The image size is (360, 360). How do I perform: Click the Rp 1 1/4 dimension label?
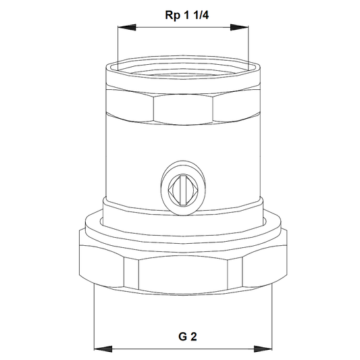(187, 16)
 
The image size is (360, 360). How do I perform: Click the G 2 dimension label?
(188, 337)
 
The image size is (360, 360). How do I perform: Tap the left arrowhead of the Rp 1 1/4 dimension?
(127, 27)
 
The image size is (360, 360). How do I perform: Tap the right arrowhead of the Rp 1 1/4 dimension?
(239, 27)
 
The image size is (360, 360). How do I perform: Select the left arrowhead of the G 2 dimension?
(103, 349)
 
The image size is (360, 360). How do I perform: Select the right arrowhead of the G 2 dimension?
(263, 349)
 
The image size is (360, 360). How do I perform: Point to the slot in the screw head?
(183, 190)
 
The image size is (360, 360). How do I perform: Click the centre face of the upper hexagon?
(183, 109)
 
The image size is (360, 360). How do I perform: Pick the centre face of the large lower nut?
(183, 275)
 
